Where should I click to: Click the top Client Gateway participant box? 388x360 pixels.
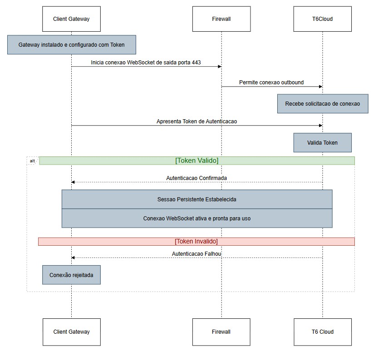coord(71,19)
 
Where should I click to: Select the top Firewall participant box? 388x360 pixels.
coord(221,19)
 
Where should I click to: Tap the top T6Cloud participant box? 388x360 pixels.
coord(322,19)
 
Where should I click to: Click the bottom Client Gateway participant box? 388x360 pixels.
coord(71,331)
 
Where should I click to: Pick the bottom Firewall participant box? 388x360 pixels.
coord(221,331)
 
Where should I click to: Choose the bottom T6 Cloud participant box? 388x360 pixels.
coord(322,331)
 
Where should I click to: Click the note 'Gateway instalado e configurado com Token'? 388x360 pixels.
coord(71,45)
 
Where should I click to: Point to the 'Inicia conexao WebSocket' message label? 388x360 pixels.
coord(146,62)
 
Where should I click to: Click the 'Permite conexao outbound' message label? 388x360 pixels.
coord(271,83)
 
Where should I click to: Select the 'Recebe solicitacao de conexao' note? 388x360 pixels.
coord(322,104)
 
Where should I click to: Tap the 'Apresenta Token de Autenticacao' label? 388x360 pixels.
coord(196,122)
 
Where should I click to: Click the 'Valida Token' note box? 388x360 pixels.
coord(322,142)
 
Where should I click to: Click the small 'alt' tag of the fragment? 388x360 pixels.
coord(32,161)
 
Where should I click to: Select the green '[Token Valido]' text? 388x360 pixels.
coord(196,161)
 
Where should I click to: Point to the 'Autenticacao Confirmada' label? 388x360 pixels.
coord(196,178)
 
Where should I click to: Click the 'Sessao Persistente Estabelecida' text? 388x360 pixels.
coord(196,199)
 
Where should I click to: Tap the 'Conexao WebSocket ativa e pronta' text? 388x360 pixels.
coord(196,218)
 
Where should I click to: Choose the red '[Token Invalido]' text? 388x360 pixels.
coord(196,241)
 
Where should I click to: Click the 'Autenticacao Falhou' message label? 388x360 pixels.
coord(196,254)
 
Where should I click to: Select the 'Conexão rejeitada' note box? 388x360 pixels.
coord(71,275)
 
